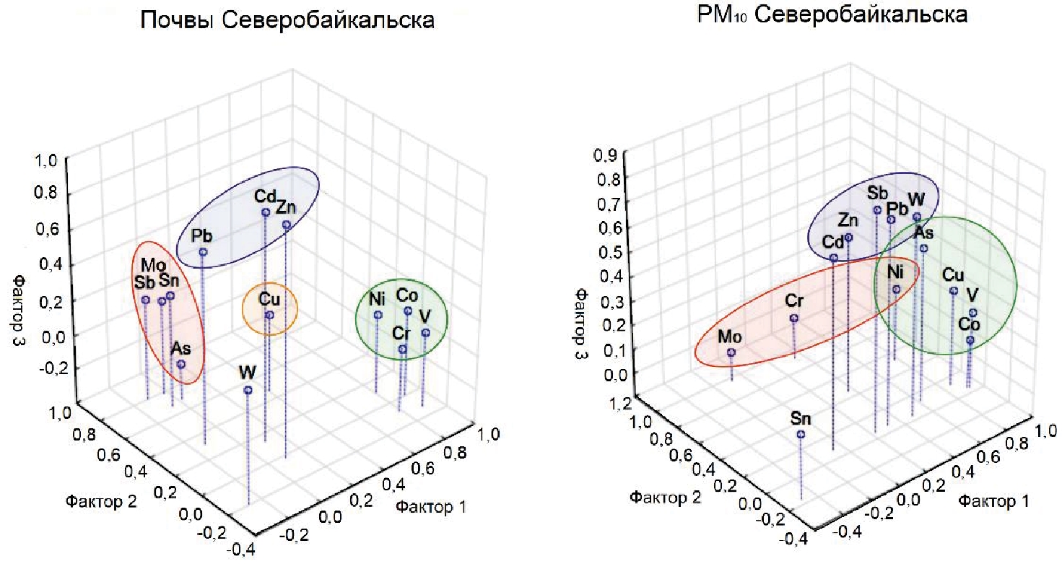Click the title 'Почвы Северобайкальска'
pyautogui.click(x=287, y=20)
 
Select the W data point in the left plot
pyautogui.click(x=248, y=390)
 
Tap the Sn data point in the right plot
pyautogui.click(x=801, y=434)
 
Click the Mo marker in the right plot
pyautogui.click(x=731, y=352)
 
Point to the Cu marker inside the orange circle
pyautogui.click(x=269, y=315)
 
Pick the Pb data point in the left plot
pyautogui.click(x=203, y=252)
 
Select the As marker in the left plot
pyautogui.click(x=181, y=364)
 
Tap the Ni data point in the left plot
pyautogui.click(x=378, y=315)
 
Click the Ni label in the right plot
pyautogui.click(x=895, y=272)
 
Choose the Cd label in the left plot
pyautogui.click(x=263, y=196)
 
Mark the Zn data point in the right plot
pyautogui.click(x=849, y=237)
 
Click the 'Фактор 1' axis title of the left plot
pyautogui.click(x=430, y=507)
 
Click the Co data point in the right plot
pyautogui.click(x=970, y=339)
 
